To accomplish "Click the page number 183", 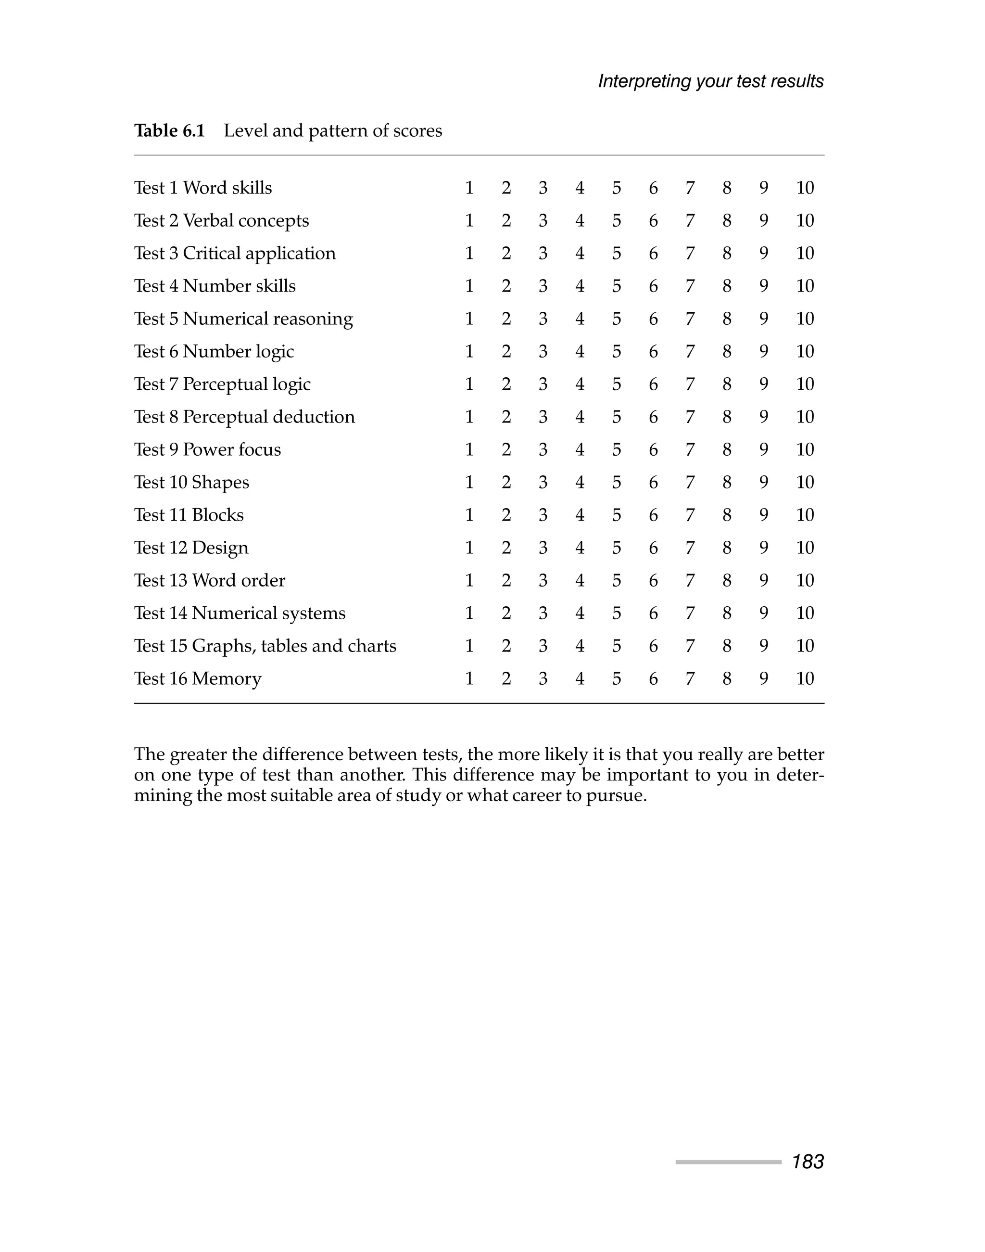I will pos(808,1162).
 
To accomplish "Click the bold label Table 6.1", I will pos(170,131).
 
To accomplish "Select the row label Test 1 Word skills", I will pos(203,188).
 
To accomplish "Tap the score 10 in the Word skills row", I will pos(805,188).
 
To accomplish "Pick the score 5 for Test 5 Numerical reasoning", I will pos(617,319).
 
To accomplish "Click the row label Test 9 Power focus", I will pos(208,450).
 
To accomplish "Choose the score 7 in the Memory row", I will pos(690,679).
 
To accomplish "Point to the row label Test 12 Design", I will pos(191,548).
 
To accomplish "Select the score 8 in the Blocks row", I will pos(727,515).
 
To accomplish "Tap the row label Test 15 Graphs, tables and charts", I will pos(265,646).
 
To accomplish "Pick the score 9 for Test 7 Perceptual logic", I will pos(764,384).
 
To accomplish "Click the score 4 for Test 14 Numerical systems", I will pos(580,613).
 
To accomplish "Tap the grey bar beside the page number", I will pos(728,1162).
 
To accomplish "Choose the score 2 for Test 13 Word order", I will pos(506,580).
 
